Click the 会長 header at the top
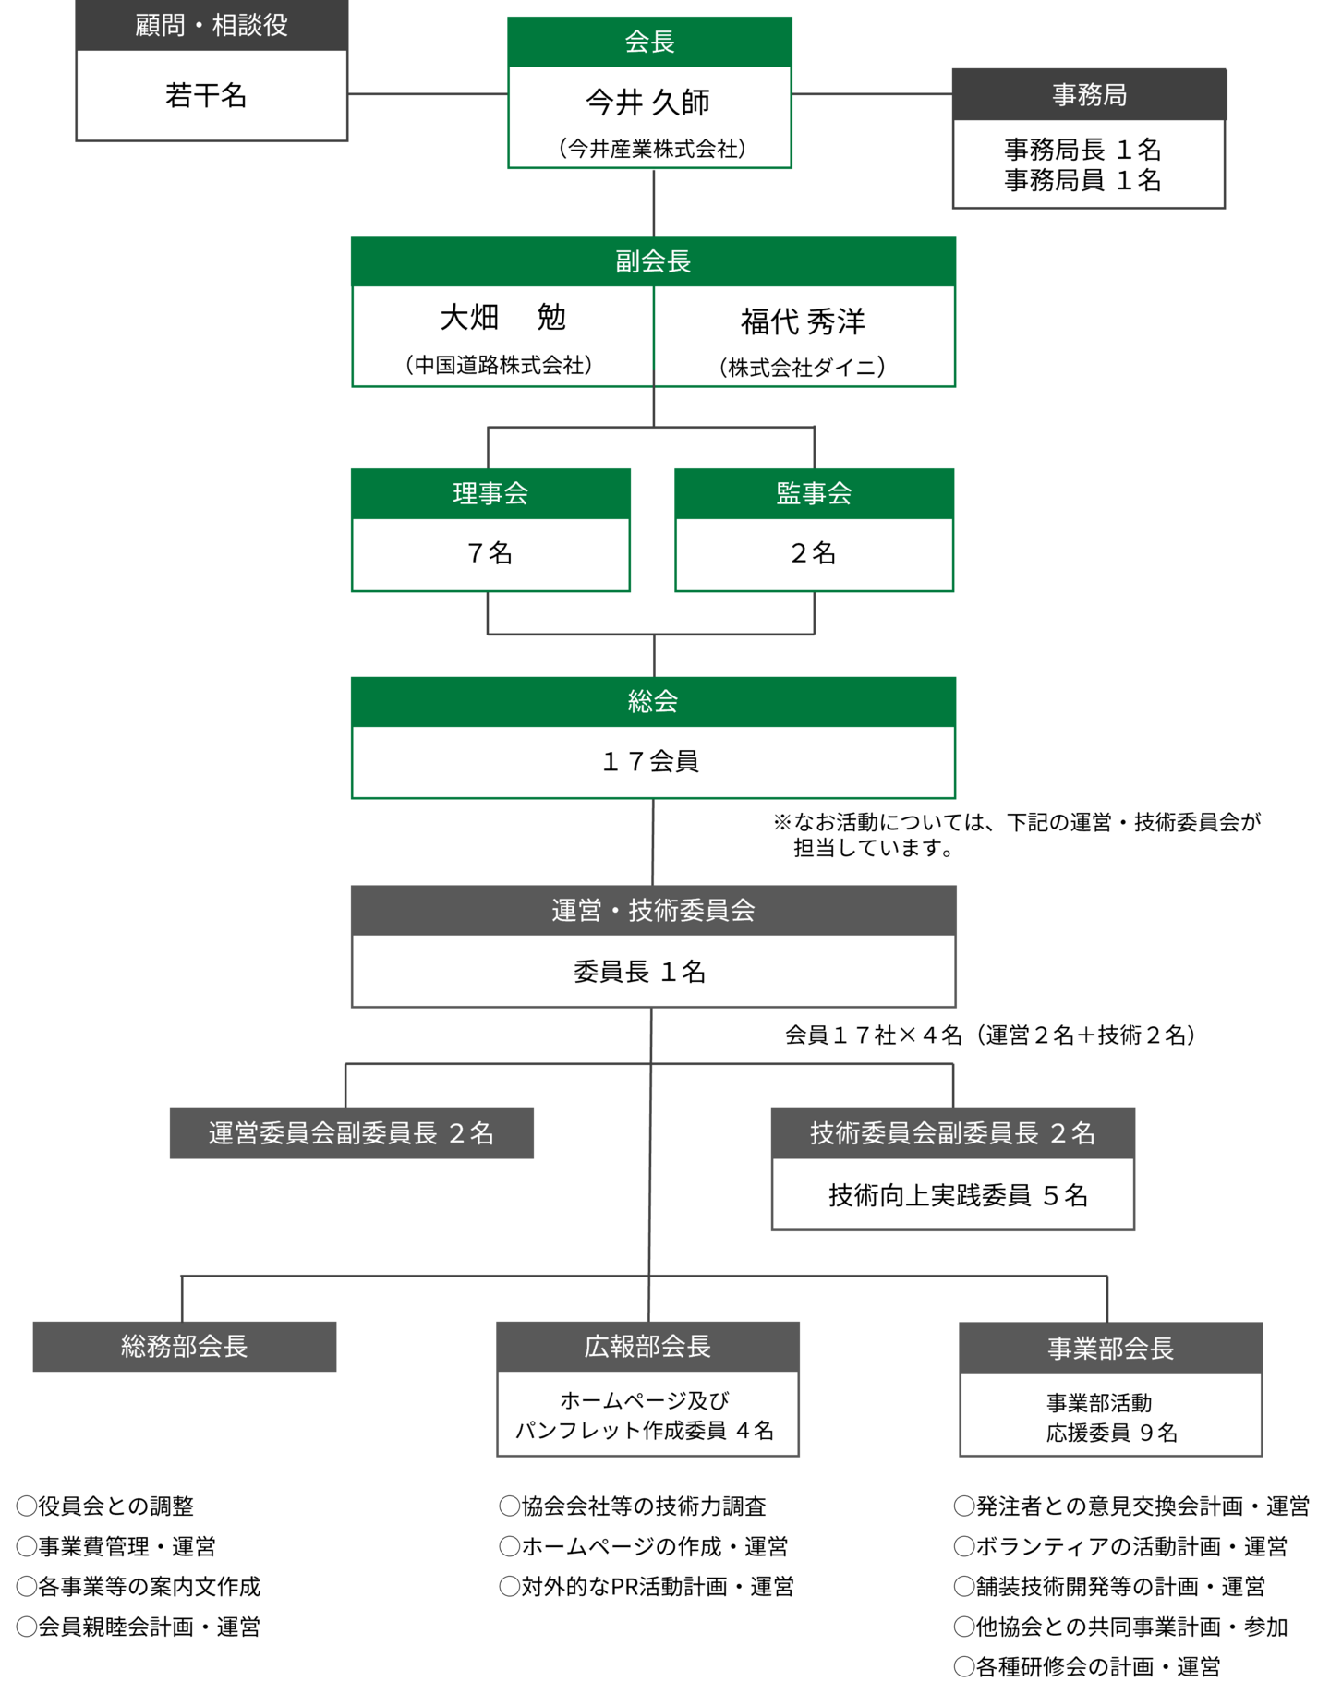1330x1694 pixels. pos(649,42)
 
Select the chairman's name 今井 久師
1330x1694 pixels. pos(648,103)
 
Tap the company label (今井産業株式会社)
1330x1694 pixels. pos(652,149)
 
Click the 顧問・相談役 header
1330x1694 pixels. pos(212,25)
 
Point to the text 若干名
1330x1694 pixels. pos(206,96)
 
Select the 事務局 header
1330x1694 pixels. pos(1089,95)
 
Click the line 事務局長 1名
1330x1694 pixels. pos(1082,150)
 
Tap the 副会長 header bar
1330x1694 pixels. pos(653,261)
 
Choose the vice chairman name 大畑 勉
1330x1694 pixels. pos(502,318)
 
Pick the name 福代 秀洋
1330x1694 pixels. pos(803,321)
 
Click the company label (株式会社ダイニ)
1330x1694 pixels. pos(803,368)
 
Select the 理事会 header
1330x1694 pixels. pos(490,493)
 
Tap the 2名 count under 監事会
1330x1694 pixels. pos(814,553)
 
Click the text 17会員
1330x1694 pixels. pos(651,761)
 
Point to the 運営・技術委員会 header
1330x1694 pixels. pos(653,911)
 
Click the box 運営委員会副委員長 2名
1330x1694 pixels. pos(351,1133)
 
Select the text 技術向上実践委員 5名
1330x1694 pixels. pos(958,1195)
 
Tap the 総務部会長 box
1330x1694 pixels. pos(185,1347)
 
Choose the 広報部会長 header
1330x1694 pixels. pos(647,1347)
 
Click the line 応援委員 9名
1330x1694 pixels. pos(1111,1433)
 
